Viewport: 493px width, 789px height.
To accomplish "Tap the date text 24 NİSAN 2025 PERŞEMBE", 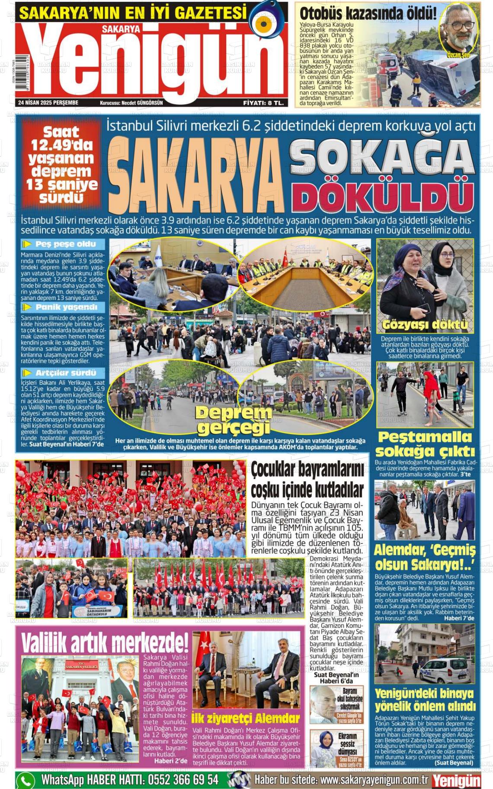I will click(x=48, y=103).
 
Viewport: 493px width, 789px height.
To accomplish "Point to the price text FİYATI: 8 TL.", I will click(x=263, y=103).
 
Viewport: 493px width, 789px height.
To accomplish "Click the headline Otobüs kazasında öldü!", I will click(x=368, y=13).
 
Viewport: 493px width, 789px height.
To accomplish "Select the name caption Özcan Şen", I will click(x=458, y=55).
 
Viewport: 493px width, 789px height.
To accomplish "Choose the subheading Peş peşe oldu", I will click(x=65, y=244).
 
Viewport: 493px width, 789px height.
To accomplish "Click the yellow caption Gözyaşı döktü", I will click(x=425, y=325).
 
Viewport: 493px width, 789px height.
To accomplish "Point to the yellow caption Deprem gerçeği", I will click(x=234, y=420).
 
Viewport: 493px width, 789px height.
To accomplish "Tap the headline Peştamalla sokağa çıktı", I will click(x=425, y=444).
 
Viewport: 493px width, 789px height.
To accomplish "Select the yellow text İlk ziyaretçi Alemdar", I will click(x=246, y=719).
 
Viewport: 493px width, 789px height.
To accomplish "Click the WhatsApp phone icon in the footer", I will click(x=26, y=780).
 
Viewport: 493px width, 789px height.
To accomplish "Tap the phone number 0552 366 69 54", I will click(x=183, y=780).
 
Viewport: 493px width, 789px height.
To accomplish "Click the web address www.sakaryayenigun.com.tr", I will click(x=374, y=780).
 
